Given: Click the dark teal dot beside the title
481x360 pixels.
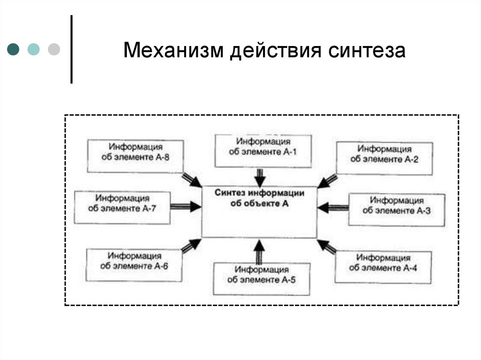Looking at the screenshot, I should point(14,49).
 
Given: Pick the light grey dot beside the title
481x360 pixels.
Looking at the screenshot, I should point(54,49).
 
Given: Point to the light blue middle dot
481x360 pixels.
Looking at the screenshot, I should point(34,49).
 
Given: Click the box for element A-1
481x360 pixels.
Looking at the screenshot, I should point(263,151).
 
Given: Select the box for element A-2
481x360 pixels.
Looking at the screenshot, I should point(384,158).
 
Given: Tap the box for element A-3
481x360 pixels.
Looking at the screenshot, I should point(396,209).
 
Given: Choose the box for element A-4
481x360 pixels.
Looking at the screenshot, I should point(383,266).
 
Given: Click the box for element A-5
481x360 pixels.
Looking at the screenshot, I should point(262,278).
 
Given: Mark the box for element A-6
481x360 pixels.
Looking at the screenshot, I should point(134,265).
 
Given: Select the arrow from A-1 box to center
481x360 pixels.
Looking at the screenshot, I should point(260,177).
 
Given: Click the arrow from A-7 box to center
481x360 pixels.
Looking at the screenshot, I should point(185,206).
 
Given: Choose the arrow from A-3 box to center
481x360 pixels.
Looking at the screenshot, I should point(333,207).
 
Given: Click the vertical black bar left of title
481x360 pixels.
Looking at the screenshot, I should point(71,49).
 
